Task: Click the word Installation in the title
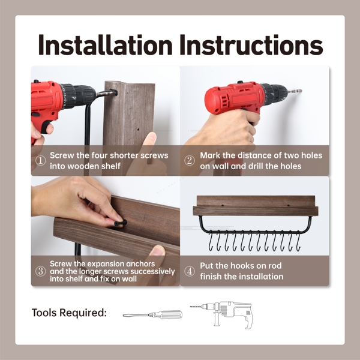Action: (x=105, y=45)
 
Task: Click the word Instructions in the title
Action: (x=251, y=45)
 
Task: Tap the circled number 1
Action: (x=40, y=161)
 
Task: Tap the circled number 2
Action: (x=190, y=161)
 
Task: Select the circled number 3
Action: (x=40, y=271)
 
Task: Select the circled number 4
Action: (x=190, y=271)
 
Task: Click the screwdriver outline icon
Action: (x=152, y=314)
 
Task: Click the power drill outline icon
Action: (x=221, y=315)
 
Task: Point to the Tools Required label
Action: (x=69, y=313)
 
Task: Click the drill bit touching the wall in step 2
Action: (x=295, y=91)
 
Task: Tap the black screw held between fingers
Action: (x=121, y=223)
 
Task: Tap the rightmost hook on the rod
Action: (x=298, y=241)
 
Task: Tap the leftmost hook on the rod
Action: (x=211, y=241)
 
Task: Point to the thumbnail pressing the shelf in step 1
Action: (x=151, y=136)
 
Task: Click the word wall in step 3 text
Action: (x=130, y=279)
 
